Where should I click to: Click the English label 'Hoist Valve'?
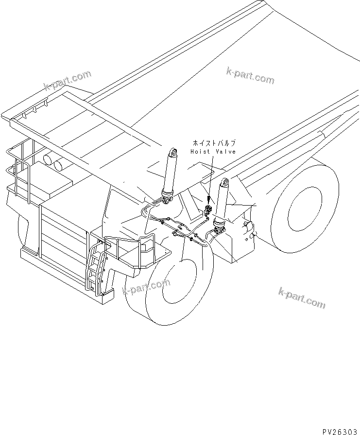213,152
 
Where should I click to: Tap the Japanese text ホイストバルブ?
214,143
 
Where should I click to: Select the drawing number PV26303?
338,430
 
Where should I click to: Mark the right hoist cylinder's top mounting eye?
224,182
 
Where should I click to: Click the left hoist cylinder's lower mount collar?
167,198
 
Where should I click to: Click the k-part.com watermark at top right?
250,75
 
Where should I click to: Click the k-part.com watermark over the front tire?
146,288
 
